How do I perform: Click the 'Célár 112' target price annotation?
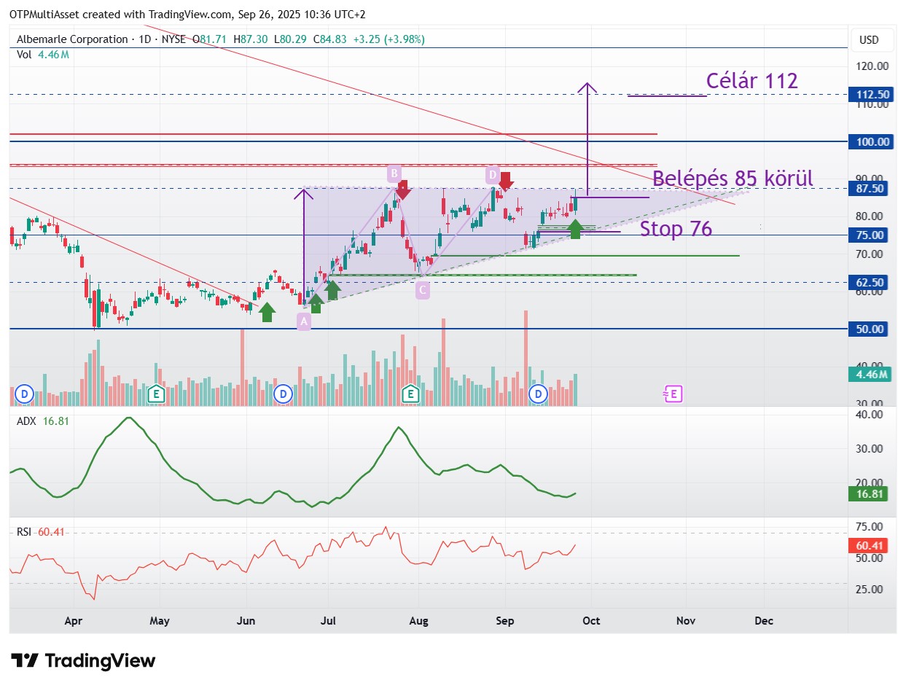click(751, 80)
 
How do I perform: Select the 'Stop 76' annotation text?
click(676, 229)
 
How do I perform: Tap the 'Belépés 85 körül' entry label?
click(733, 179)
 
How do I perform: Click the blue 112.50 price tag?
click(871, 95)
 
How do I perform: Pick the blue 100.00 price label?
click(871, 141)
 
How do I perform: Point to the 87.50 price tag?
click(868, 189)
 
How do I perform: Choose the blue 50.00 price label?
click(868, 329)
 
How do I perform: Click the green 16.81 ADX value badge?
click(868, 493)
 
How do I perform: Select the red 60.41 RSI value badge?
click(868, 545)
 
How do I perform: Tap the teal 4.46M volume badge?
click(870, 375)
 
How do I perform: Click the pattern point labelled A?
click(304, 321)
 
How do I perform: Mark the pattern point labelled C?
click(422, 290)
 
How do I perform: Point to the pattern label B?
click(394, 173)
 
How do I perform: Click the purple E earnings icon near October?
click(673, 394)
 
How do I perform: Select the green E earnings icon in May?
click(157, 394)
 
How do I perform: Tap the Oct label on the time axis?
click(591, 621)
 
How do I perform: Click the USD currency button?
click(869, 40)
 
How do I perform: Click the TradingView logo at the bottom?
click(83, 661)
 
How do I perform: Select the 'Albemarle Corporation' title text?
click(72, 39)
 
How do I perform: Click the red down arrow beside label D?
click(506, 181)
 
